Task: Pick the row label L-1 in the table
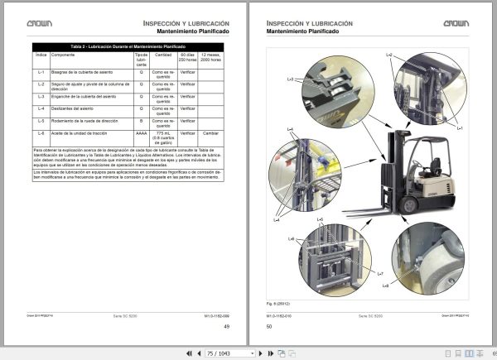[41, 74]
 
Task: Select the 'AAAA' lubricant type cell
[142, 132]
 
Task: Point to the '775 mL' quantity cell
[164, 132]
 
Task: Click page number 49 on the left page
[225, 326]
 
